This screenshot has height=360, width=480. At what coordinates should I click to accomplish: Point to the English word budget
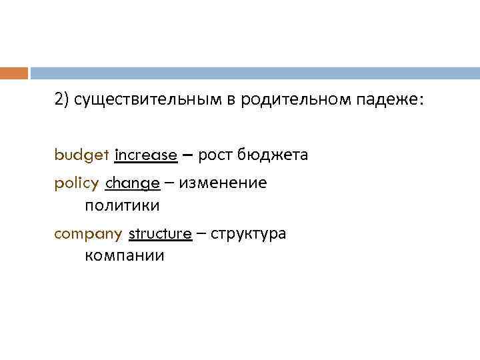pos(82,155)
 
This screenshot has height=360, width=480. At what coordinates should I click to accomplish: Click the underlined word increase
pos(146,155)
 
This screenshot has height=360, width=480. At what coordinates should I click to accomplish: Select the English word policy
pos(77,183)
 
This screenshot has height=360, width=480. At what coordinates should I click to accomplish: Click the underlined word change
pos(132,183)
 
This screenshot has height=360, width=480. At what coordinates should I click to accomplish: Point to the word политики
pos(123,204)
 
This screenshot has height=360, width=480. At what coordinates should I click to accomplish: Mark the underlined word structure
pos(160,234)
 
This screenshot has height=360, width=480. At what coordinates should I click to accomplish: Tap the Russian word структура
pos(247,234)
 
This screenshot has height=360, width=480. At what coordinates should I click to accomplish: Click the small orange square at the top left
pos(13,73)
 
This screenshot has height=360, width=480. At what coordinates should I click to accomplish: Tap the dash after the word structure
pos(201,234)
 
